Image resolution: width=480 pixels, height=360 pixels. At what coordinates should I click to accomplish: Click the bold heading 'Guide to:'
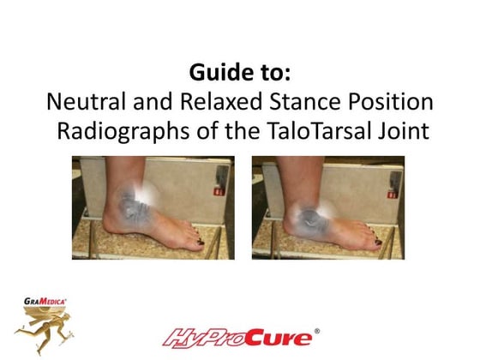tap(239, 70)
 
